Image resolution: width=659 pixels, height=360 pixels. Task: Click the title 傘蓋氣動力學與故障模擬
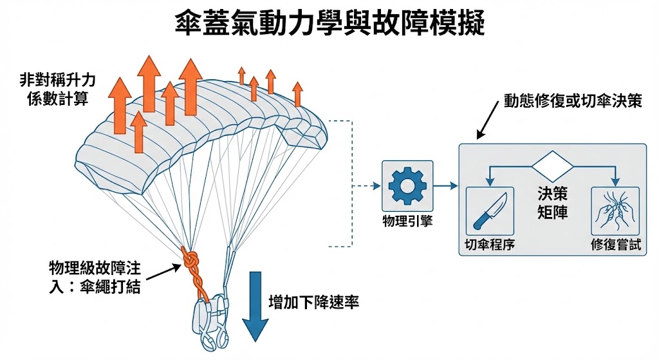click(x=329, y=24)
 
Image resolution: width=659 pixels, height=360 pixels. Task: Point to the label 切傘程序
click(x=490, y=245)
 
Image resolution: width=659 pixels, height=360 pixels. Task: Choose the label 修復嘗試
click(x=615, y=245)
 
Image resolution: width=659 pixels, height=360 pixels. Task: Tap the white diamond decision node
click(x=552, y=167)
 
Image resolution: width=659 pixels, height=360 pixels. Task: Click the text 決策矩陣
click(x=552, y=202)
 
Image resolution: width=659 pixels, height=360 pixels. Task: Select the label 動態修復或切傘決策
click(x=573, y=102)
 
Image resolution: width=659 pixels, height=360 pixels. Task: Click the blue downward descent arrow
click(x=257, y=306)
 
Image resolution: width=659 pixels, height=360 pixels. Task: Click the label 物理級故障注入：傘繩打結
click(x=95, y=276)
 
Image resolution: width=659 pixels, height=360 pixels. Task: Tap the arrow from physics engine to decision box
click(x=447, y=187)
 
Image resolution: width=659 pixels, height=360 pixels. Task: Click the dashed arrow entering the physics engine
click(x=367, y=187)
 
